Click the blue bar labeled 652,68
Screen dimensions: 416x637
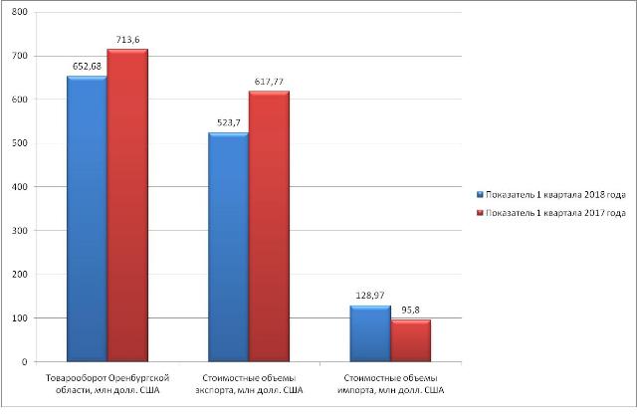[x=87, y=218]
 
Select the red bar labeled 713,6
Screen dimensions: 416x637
[x=127, y=205]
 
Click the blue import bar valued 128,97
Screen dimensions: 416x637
[x=370, y=332]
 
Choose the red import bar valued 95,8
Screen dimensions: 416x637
[x=411, y=339]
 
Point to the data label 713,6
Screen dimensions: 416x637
[x=128, y=40]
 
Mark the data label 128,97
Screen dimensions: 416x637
[x=371, y=297]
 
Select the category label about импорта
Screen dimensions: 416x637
[x=392, y=384]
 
